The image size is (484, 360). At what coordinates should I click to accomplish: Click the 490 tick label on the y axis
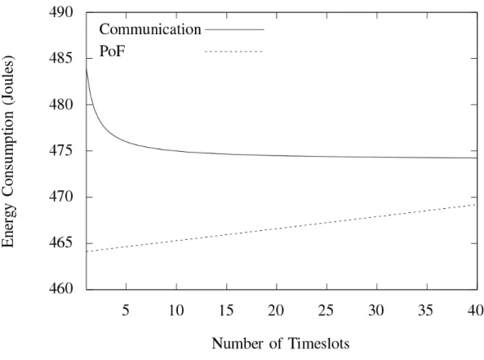pyautogui.click(x=61, y=12)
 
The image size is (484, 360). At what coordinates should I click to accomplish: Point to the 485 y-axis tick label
pyautogui.click(x=61, y=58)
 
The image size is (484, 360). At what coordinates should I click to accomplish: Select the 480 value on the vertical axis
pyautogui.click(x=61, y=104)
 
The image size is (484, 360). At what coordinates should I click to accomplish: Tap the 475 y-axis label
pyautogui.click(x=61, y=151)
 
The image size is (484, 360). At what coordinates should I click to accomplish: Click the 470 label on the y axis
pyautogui.click(x=61, y=197)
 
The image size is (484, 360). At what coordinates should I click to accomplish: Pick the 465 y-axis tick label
pyautogui.click(x=61, y=243)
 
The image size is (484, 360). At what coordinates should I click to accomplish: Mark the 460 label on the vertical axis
pyautogui.click(x=61, y=289)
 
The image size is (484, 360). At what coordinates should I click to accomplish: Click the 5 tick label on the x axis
pyautogui.click(x=126, y=310)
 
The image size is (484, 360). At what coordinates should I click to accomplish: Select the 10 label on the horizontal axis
pyautogui.click(x=176, y=310)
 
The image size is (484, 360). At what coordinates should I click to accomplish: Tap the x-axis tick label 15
pyautogui.click(x=226, y=310)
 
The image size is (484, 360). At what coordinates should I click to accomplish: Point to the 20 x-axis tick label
pyautogui.click(x=276, y=310)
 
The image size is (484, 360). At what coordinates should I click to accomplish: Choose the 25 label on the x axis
pyautogui.click(x=326, y=310)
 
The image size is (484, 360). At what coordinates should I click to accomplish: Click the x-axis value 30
pyautogui.click(x=376, y=310)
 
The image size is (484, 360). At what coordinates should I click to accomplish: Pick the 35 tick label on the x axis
pyautogui.click(x=426, y=310)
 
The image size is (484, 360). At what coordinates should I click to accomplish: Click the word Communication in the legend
pyautogui.click(x=150, y=29)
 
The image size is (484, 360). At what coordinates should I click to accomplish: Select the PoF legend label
pyautogui.click(x=112, y=51)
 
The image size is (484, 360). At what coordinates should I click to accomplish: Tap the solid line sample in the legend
pyautogui.click(x=234, y=29)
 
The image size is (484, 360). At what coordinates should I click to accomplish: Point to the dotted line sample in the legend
pyautogui.click(x=233, y=51)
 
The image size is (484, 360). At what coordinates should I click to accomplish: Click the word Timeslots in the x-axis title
pyautogui.click(x=318, y=344)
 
